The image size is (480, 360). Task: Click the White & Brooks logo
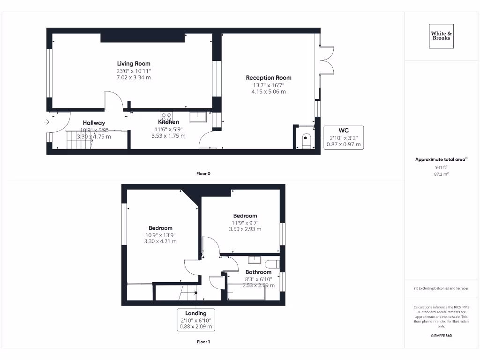pos(441,36)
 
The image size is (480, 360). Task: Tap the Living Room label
pos(134,64)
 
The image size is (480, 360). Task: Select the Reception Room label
pos(269,78)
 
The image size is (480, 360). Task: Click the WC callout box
pos(344,137)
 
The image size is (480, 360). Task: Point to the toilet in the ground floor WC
pos(306,139)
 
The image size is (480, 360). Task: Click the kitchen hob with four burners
pos(166,116)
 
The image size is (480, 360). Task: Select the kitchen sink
pos(196,116)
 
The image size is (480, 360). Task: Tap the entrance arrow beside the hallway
pos(47,122)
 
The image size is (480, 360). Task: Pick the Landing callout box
pos(195,320)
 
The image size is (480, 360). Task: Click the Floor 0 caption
pos(203,173)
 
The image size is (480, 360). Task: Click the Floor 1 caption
pos(203,342)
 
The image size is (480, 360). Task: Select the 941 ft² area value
pos(441,167)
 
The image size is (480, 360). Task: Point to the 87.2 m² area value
pos(441,174)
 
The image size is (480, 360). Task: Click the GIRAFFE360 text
pos(441,336)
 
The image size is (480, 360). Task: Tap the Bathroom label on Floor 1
pos(258,272)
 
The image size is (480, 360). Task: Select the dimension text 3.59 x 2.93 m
pos(245,229)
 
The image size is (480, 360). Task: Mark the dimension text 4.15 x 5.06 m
pos(269,91)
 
